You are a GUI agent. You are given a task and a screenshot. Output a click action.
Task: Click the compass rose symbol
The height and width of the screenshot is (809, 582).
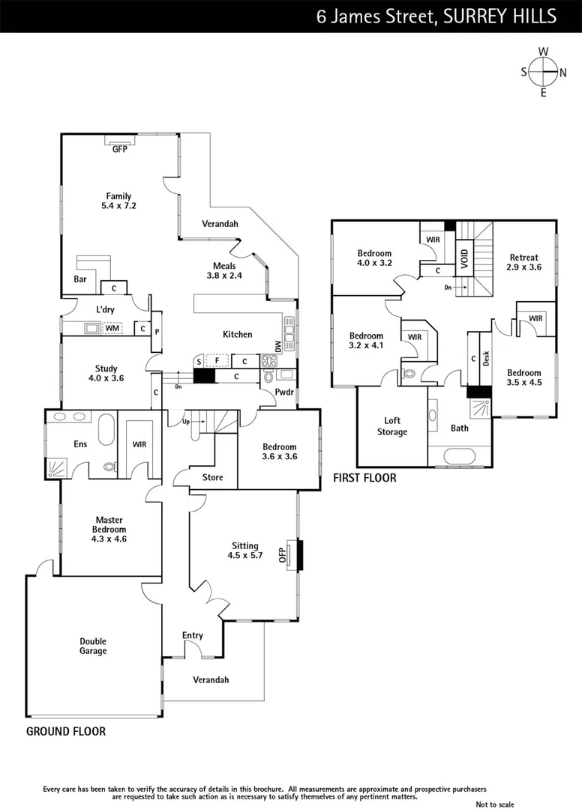click(x=543, y=72)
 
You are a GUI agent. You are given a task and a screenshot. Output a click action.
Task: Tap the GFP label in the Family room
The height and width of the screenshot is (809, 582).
click(x=120, y=149)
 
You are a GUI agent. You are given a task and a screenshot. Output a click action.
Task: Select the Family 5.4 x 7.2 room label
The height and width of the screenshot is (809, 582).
click(x=118, y=201)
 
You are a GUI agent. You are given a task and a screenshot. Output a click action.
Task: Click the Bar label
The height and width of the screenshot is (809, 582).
click(x=81, y=279)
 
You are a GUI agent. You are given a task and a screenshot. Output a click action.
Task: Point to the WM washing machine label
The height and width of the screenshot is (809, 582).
click(x=112, y=328)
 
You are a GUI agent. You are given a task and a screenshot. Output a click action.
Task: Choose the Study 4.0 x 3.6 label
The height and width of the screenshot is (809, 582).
click(x=106, y=373)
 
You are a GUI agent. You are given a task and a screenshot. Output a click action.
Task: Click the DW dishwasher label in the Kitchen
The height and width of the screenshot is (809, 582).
click(x=278, y=346)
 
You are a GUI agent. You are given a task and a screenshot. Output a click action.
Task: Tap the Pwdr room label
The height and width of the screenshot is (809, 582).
click(x=284, y=392)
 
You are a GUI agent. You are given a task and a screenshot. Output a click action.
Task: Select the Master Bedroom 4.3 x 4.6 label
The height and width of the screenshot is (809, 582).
click(x=109, y=529)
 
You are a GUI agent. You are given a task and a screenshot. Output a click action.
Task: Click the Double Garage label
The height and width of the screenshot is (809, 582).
click(x=94, y=646)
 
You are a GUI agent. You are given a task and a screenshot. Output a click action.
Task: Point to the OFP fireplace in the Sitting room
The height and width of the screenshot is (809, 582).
click(x=283, y=554)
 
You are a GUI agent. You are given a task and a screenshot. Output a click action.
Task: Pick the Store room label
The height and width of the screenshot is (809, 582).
click(x=212, y=477)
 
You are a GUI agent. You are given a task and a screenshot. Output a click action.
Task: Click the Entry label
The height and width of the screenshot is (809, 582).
click(x=193, y=635)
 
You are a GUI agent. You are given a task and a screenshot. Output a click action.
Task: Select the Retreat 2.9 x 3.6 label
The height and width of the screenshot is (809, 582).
click(x=523, y=261)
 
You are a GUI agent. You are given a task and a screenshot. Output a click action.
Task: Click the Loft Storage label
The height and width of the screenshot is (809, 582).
click(x=391, y=426)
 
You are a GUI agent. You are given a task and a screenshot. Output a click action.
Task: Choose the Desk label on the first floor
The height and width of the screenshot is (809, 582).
click(x=486, y=358)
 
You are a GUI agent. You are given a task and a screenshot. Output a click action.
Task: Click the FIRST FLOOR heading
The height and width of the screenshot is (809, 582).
click(x=364, y=477)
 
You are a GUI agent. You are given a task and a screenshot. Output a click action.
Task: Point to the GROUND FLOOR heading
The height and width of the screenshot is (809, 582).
click(x=66, y=731)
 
